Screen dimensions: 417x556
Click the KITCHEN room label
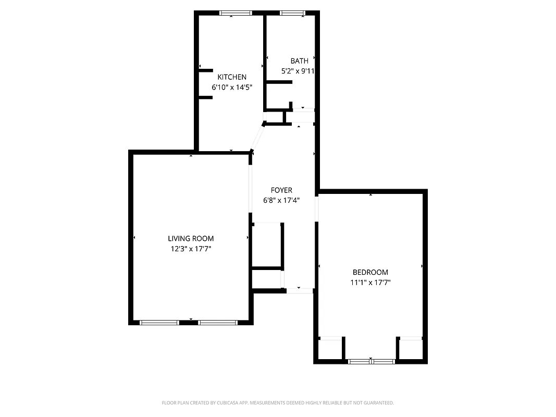pos(232,77)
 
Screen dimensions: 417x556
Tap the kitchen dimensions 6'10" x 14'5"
pos(232,88)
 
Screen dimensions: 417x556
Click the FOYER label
pos(281,190)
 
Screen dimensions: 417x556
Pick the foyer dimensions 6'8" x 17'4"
pos(282,200)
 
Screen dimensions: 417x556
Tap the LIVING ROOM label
pos(191,239)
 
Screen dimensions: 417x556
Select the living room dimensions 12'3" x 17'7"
pos(191,249)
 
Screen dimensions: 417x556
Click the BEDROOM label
pos(370,272)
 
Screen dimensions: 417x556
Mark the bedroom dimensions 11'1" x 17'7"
pos(370,283)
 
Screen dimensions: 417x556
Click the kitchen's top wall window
pos(236,13)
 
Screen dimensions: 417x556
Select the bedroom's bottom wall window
pos(371,361)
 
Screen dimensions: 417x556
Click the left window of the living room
pos(159,322)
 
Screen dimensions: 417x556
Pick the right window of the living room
pos(218,322)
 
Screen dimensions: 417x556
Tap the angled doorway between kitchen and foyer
pos(257,138)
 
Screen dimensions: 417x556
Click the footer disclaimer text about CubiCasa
pos(278,403)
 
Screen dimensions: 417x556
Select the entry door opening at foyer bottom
pos(300,290)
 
